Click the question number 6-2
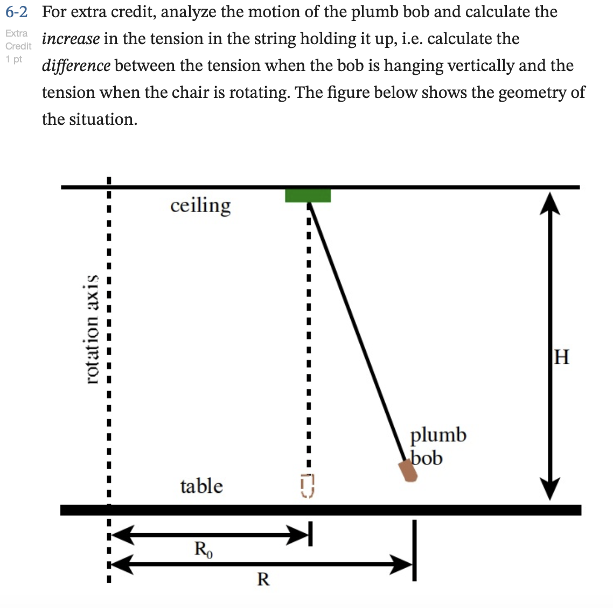point(16,11)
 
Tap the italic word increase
point(71,39)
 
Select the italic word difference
point(76,66)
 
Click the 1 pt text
point(14,59)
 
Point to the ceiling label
point(200,205)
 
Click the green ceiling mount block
point(308,195)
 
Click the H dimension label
point(561,356)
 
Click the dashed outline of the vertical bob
point(307,486)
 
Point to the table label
point(201,486)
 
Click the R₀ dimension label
point(203,549)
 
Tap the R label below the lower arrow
point(263,579)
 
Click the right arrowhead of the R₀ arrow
point(299,534)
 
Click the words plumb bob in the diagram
point(437,446)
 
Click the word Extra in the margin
point(17,33)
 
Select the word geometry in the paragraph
point(532,93)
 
